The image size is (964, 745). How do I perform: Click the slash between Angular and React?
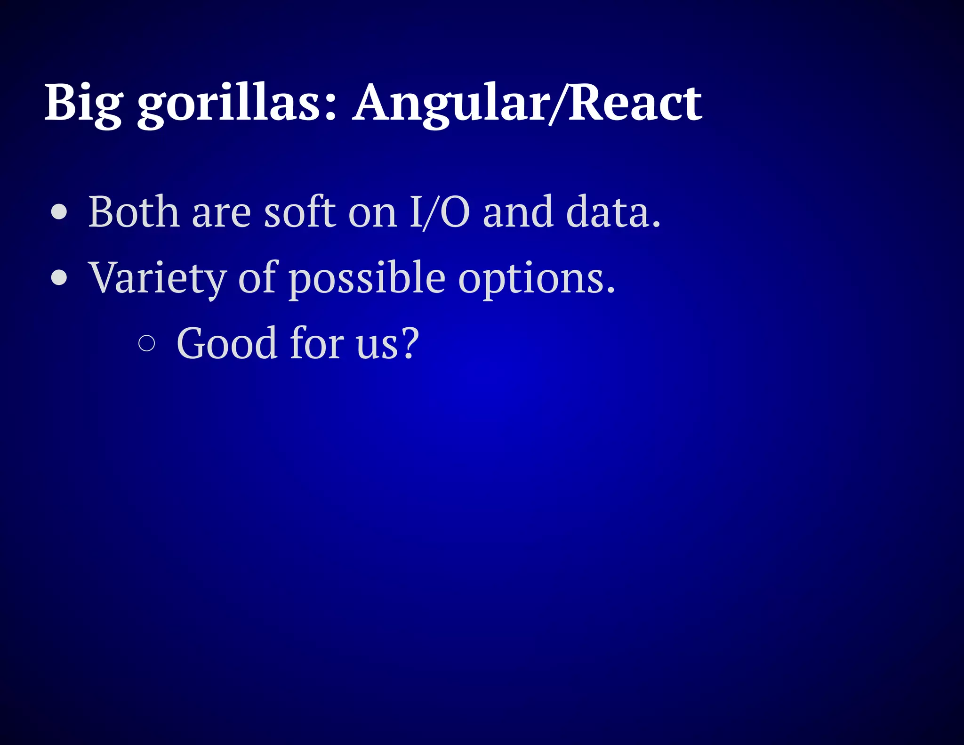pyautogui.click(x=559, y=104)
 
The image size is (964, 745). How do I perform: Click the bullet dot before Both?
pyautogui.click(x=59, y=212)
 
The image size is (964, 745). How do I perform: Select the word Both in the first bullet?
pyautogui.click(x=134, y=212)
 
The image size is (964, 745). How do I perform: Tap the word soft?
pyautogui.click(x=300, y=212)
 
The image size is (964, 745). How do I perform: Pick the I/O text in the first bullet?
pyautogui.click(x=439, y=212)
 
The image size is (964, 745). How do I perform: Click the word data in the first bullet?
pyautogui.click(x=607, y=212)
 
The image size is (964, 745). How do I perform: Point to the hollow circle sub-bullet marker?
pyautogui.click(x=147, y=343)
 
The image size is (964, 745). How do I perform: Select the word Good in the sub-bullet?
pyautogui.click(x=226, y=343)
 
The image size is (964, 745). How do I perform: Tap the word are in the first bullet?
pyautogui.click(x=221, y=214)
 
